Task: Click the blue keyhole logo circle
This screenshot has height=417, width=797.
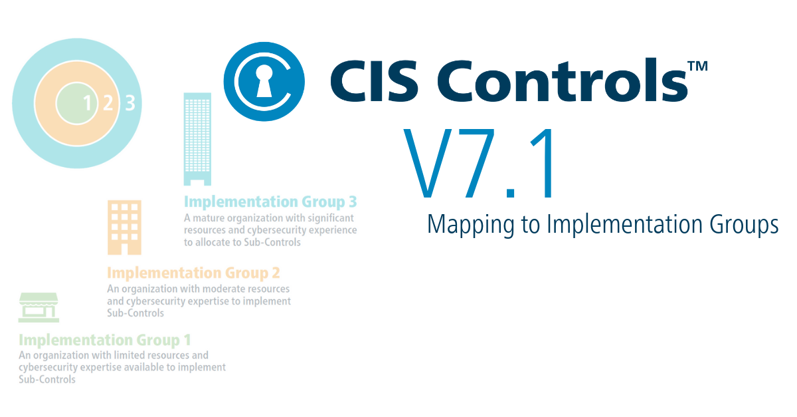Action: point(264,81)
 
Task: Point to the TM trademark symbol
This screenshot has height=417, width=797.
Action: point(697,66)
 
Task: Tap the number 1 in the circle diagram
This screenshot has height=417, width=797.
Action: point(87,102)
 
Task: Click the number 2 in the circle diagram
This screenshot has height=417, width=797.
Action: point(108,102)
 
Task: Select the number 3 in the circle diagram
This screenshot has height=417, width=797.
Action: point(130,102)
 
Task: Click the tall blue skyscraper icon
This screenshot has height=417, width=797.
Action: point(197,138)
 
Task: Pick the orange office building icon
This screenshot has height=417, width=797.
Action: point(124,227)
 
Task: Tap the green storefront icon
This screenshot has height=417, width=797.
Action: point(39,307)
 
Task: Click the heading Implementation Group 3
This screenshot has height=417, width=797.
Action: point(270,202)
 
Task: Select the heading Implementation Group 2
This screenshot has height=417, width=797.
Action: point(193,273)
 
